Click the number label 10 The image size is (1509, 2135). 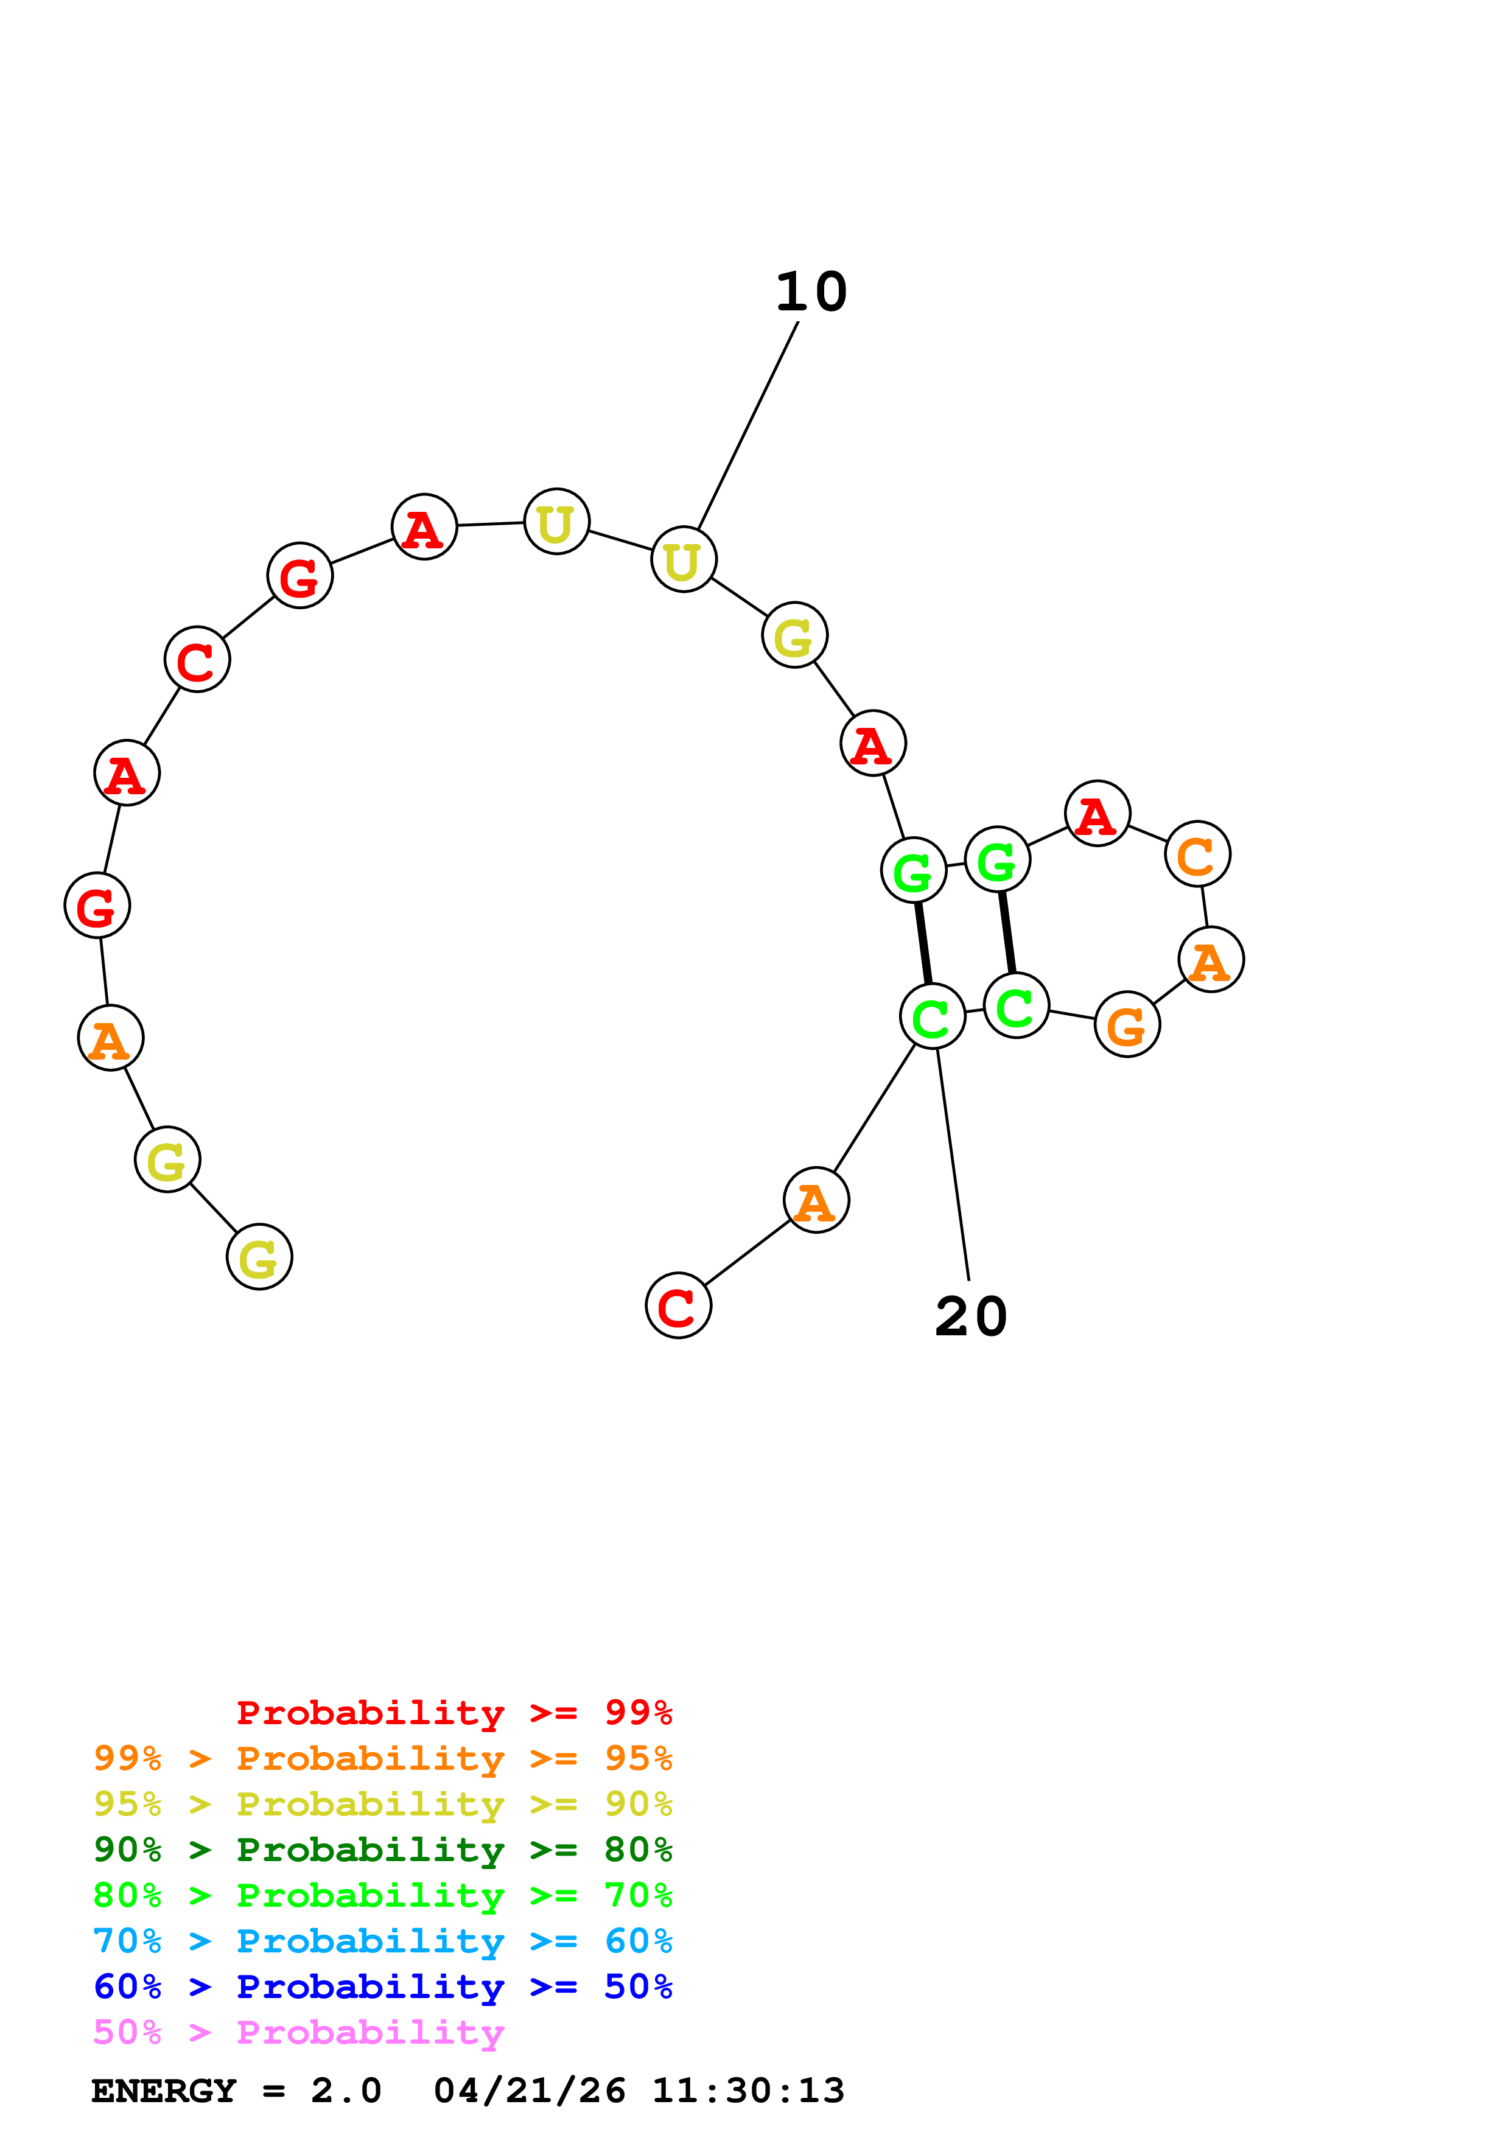pyautogui.click(x=811, y=292)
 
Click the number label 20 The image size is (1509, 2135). pyautogui.click(x=971, y=1316)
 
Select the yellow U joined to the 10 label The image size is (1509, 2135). pyautogui.click(x=684, y=560)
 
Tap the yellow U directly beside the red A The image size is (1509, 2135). pyautogui.click(x=556, y=522)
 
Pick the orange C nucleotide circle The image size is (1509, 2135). pyautogui.click(x=1197, y=854)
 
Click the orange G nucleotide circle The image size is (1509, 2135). pyautogui.click(x=1127, y=1025)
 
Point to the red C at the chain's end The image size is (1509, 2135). pyautogui.click(x=677, y=1305)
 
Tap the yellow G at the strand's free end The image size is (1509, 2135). pyautogui.click(x=259, y=1257)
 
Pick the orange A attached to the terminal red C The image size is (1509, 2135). pyautogui.click(x=816, y=1200)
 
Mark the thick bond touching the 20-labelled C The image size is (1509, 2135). pyautogui.click(x=922, y=943)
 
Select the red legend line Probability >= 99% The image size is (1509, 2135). pyautogui.click(x=453, y=1713)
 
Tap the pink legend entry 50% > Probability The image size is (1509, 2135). pyautogui.click(x=298, y=2033)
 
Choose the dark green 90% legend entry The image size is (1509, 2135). pyautogui.click(x=382, y=1850)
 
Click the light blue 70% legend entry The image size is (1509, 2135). pyautogui.click(x=382, y=1941)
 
